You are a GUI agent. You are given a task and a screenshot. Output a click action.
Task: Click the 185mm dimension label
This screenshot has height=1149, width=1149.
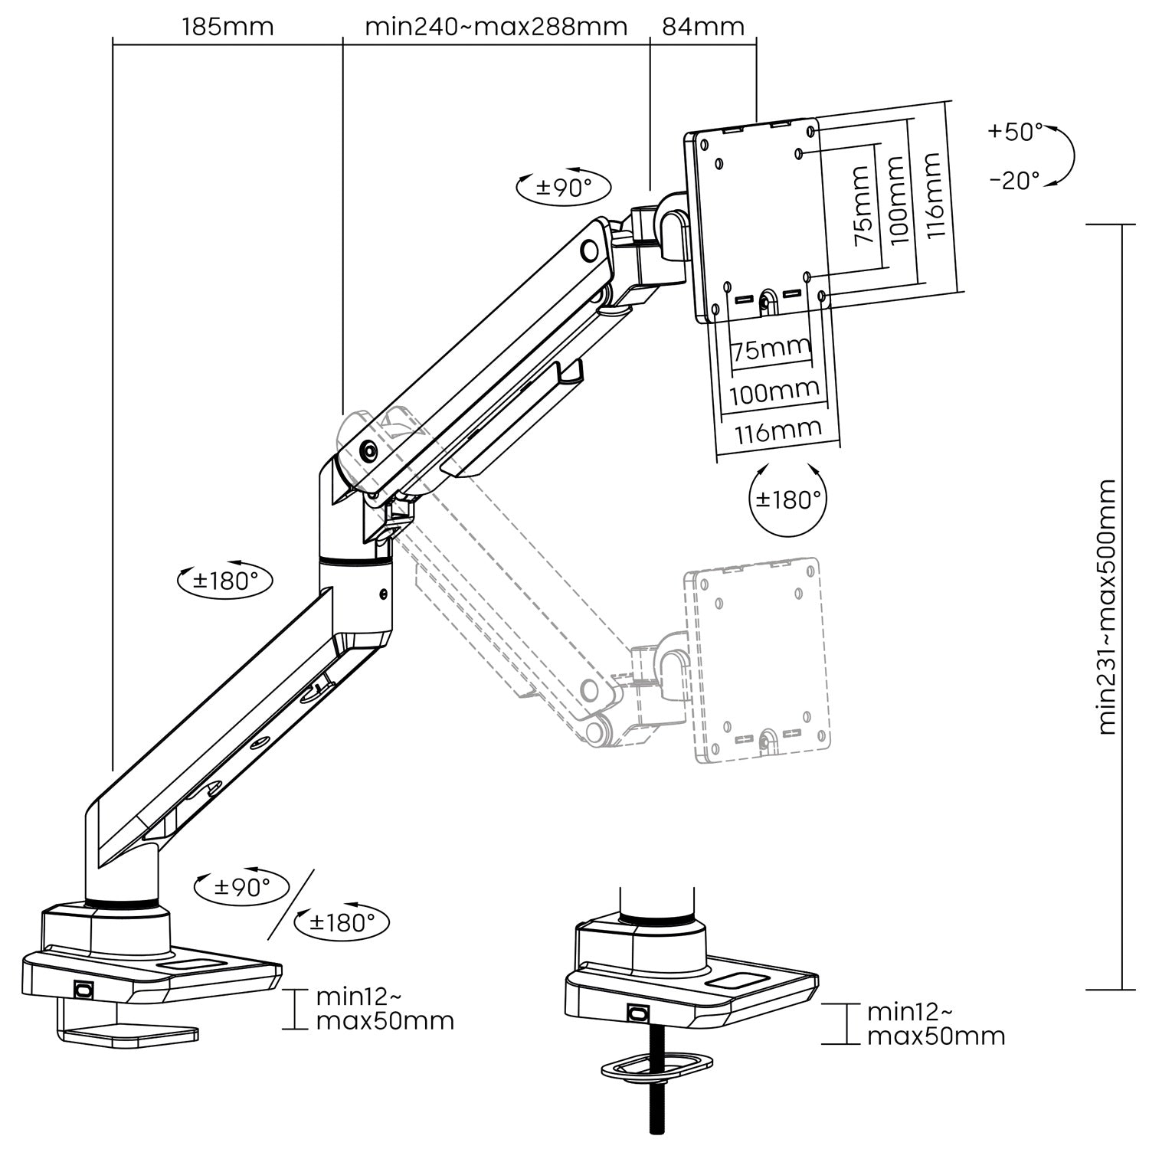pos(228,27)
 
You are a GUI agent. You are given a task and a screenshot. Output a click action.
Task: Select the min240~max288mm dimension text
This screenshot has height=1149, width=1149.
pos(496,27)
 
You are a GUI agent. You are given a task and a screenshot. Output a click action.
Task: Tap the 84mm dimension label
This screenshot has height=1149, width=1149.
pos(702,27)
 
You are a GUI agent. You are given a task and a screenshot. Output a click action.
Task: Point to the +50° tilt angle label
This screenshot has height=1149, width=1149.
pos(1014,132)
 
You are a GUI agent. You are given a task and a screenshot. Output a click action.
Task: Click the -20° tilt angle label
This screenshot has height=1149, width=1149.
pos(1014,181)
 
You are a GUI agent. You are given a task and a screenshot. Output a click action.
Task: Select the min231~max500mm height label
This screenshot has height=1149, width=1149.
pos(1106,607)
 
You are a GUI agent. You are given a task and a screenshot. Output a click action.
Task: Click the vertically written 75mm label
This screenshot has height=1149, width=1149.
pos(862,205)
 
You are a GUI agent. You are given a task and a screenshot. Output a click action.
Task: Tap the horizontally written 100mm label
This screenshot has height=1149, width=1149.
pos(774,394)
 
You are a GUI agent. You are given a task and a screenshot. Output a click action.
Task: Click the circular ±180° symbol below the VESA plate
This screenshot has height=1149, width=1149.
pos(788,499)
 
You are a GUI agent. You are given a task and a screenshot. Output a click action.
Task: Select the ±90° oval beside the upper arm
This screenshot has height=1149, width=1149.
pos(564,187)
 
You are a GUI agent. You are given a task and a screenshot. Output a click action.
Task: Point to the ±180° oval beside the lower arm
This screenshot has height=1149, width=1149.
pos(224,580)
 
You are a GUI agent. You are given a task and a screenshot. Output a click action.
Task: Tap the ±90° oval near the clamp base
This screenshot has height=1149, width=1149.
pos(242,887)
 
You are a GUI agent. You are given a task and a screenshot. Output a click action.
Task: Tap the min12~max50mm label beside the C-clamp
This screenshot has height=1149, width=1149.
pos(385,1009)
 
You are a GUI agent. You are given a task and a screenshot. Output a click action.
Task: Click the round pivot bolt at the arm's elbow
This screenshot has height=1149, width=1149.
pos(368,451)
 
